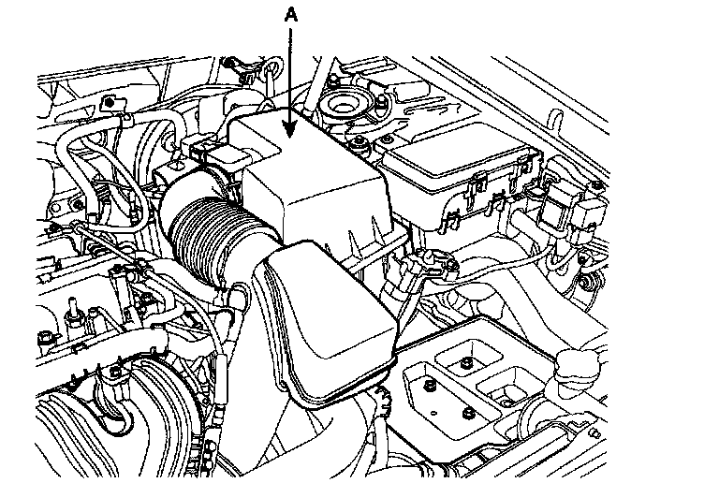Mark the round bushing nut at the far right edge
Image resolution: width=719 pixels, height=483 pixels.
pos(588,282)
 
